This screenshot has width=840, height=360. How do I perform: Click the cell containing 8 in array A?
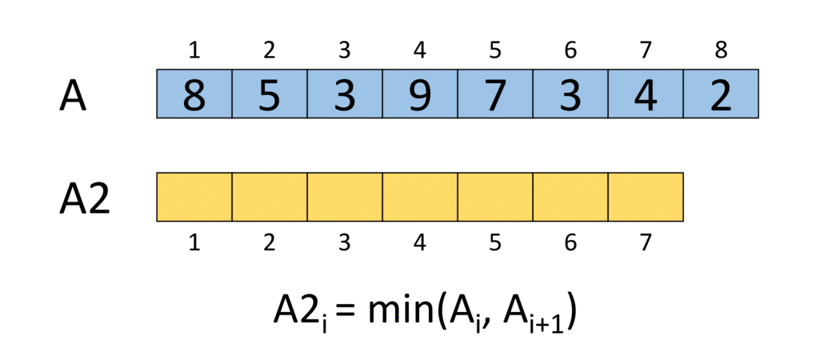pyautogui.click(x=194, y=94)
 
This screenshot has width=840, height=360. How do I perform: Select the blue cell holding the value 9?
pyautogui.click(x=420, y=94)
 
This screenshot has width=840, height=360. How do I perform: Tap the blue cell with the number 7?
pyautogui.click(x=495, y=94)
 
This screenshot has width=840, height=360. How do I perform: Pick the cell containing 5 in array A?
pyautogui.click(x=270, y=94)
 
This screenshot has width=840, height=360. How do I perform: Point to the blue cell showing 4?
pyautogui.click(x=646, y=94)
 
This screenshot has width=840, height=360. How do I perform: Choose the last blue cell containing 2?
pyautogui.click(x=721, y=94)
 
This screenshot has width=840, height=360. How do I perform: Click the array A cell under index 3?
pyautogui.click(x=345, y=94)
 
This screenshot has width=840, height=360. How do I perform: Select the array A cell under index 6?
pyautogui.click(x=570, y=94)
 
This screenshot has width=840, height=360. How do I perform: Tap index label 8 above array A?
pyautogui.click(x=721, y=51)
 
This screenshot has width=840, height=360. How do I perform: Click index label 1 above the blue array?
pyautogui.click(x=194, y=51)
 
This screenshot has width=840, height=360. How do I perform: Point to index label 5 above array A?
pyautogui.click(x=495, y=51)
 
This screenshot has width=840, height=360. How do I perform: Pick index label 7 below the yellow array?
pyautogui.click(x=646, y=243)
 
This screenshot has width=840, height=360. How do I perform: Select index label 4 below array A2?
pyautogui.click(x=420, y=243)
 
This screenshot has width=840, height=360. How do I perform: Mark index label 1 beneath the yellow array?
pyautogui.click(x=194, y=243)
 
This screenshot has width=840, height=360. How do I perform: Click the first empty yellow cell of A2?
pyautogui.click(x=194, y=197)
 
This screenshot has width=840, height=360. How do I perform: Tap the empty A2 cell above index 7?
pyautogui.click(x=646, y=197)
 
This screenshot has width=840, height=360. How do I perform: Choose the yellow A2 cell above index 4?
pyautogui.click(x=420, y=197)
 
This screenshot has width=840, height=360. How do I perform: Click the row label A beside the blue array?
pyautogui.click(x=72, y=95)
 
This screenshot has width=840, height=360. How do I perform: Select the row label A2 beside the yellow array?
pyautogui.click(x=84, y=198)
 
